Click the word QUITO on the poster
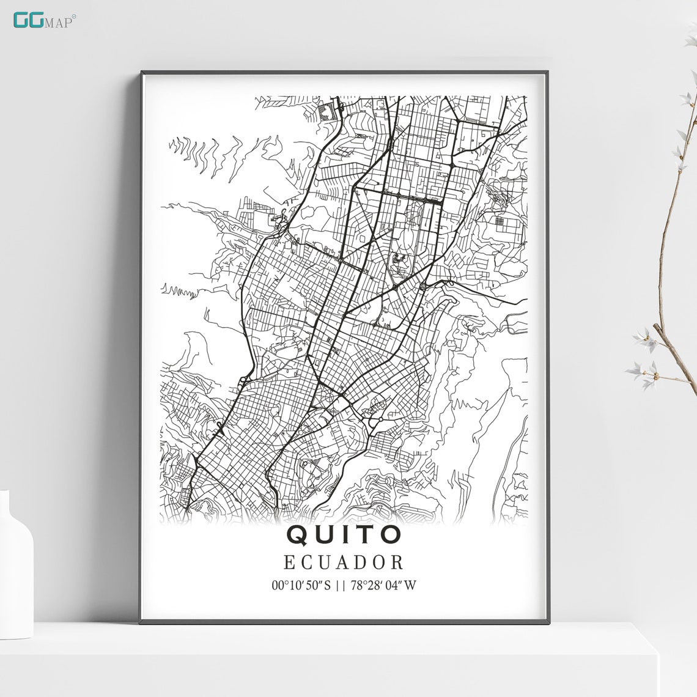coord(344,534)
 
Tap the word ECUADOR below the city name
coord(344,562)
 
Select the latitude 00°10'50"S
coord(301,585)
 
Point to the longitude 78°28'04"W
coord(383,585)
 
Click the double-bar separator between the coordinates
coord(341,585)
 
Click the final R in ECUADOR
coord(397,562)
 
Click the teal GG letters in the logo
coord(28,20)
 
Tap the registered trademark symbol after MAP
coord(75,16)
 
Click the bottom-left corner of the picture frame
coord(141,622)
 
